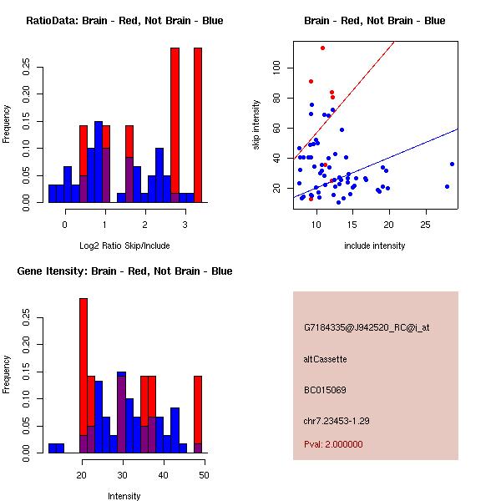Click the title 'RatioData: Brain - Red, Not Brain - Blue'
[124, 21]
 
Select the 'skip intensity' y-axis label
[257, 125]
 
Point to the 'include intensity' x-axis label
[375, 245]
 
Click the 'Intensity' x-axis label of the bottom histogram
[124, 496]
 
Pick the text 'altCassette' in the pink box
[325, 359]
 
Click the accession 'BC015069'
[325, 390]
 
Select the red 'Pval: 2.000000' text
[333, 444]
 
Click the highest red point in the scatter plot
[322, 48]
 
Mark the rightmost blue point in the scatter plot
[452, 164]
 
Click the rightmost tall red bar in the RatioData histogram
[198, 125]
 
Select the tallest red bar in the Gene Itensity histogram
[83, 376]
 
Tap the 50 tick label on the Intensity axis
[204, 474]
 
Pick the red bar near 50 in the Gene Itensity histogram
[198, 413]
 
